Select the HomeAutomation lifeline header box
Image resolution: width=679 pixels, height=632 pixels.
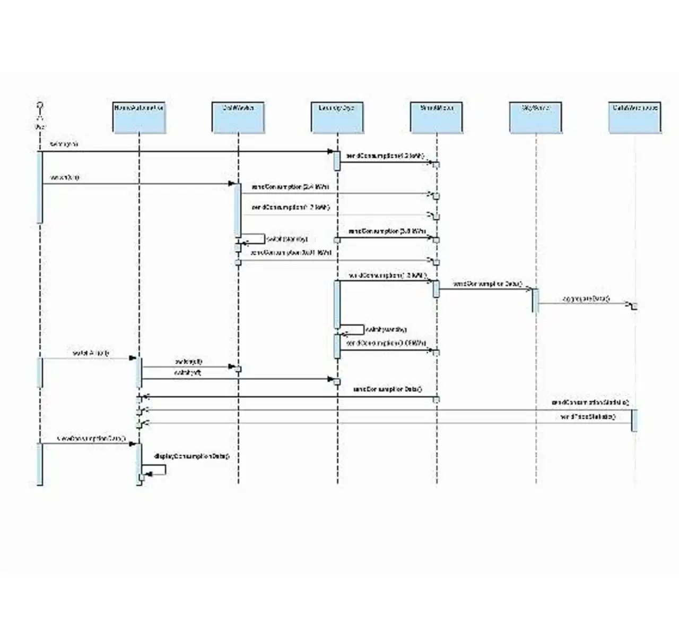coord(139,118)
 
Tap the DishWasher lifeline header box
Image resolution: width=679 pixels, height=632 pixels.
coord(238,118)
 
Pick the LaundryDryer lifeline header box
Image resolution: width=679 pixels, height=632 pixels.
coord(337,118)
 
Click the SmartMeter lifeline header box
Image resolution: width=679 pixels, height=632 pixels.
coord(437,118)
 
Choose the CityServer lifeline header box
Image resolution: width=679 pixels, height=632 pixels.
coord(536,118)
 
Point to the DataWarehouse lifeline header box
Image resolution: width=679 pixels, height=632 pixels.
coord(635,118)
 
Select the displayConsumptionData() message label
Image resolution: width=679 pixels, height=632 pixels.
coord(191,456)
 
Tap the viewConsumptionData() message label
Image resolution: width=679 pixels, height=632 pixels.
coord(91,438)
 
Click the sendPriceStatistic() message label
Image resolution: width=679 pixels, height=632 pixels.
coord(587,417)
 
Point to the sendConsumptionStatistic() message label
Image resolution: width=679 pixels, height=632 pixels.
coord(590,403)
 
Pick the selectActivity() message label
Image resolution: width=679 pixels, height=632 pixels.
coord(91,353)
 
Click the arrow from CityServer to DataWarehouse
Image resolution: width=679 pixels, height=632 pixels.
coord(584,304)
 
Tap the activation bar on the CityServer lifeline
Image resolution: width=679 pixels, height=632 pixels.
coord(535,300)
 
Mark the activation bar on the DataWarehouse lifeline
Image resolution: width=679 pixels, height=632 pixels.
coord(634,420)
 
